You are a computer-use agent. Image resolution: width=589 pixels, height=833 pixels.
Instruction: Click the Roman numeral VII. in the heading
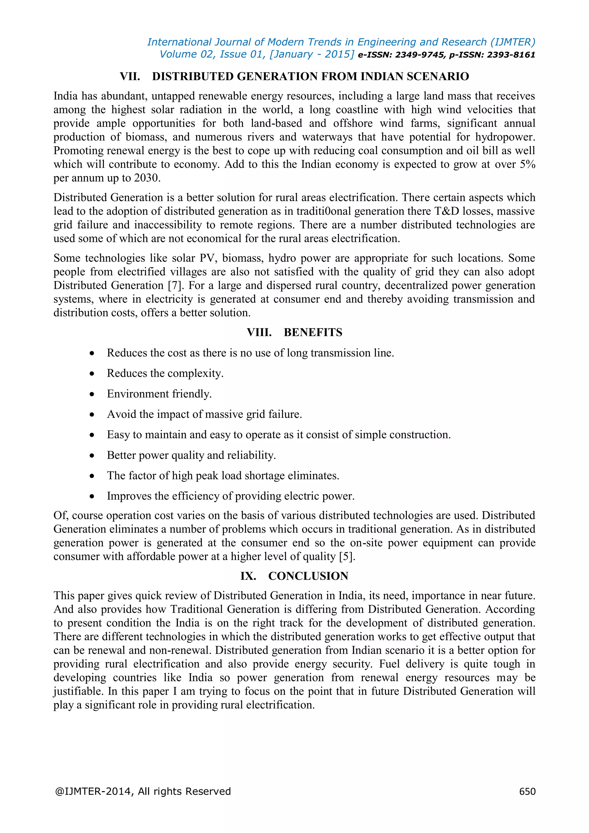[x=130, y=77]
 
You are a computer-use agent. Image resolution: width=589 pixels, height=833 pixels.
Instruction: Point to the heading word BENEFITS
[x=313, y=332]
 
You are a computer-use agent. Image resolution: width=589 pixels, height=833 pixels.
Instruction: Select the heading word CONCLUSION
[x=308, y=576]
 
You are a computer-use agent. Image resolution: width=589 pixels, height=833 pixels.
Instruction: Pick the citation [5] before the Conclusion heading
[x=346, y=557]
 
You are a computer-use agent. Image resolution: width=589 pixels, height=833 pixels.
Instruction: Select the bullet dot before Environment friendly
[x=92, y=394]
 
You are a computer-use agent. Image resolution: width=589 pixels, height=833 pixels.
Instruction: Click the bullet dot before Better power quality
[x=92, y=456]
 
